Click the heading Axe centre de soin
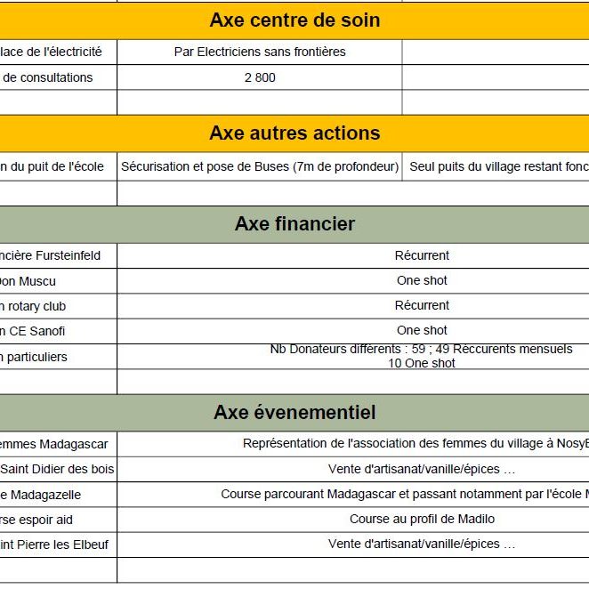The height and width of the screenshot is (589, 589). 294,20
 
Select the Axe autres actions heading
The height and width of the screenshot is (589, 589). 294,133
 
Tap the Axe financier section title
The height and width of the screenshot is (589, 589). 294,224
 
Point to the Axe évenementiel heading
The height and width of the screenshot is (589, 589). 294,413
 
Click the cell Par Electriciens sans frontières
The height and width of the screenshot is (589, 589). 260,52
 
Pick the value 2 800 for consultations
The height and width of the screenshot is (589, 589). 260,77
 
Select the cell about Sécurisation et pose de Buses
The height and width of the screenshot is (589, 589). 260,166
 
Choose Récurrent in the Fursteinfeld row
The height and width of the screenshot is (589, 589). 422,255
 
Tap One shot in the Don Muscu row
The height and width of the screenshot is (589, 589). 422,280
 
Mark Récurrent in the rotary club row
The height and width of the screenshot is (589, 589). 422,305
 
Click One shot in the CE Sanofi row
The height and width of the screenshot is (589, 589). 422,330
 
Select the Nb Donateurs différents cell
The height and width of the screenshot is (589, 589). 422,356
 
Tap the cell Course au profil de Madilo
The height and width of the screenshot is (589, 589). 422,519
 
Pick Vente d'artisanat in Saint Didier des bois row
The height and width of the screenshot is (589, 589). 422,469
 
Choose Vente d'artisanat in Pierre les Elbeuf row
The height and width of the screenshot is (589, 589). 422,544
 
